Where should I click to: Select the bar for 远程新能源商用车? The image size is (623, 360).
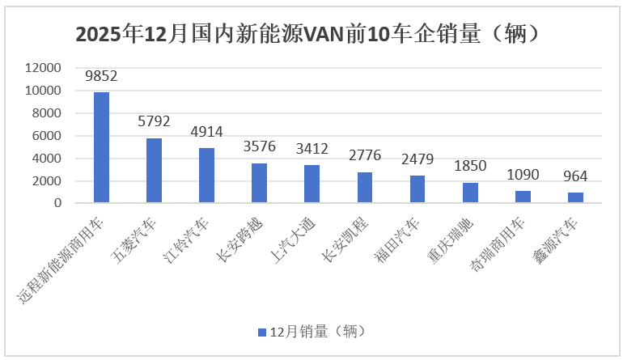tap(101, 147)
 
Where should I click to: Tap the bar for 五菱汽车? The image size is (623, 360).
tap(154, 170)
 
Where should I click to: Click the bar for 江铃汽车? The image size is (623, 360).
tap(206, 175)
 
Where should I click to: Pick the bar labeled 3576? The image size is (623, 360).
tap(259, 183)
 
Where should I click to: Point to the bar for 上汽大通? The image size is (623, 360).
tap(311, 184)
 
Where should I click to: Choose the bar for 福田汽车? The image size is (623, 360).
tap(417, 188)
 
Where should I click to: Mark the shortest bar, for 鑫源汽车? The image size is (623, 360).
tap(575, 197)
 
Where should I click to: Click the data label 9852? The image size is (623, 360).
tap(101, 77)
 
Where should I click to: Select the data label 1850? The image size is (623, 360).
tap(470, 167)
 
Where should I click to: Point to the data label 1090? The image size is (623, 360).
tap(523, 176)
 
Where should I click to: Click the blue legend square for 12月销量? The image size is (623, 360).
tap(261, 332)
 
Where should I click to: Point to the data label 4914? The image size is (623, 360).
tap(206, 132)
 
